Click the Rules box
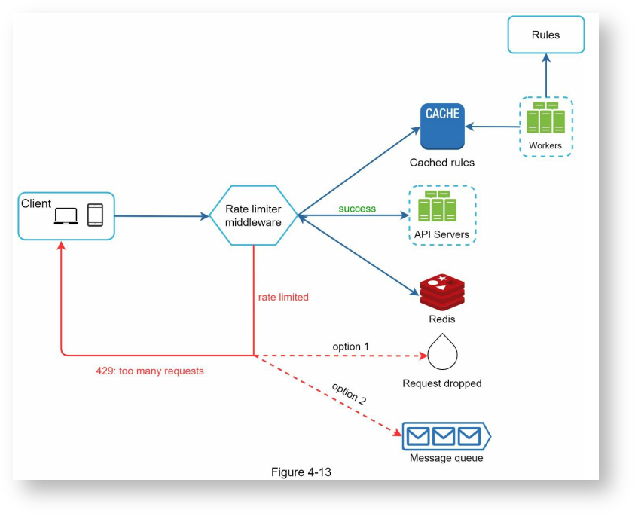point(545,35)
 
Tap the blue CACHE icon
point(442,127)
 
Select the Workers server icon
point(545,119)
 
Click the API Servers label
point(441,234)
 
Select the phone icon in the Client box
point(95,215)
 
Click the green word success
point(358,208)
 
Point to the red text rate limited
point(283,297)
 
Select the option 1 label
point(351,346)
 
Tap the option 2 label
point(349,394)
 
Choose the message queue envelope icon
point(444,435)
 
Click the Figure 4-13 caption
point(301,472)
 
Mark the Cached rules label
point(442,162)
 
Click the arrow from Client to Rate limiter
point(162,216)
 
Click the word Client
point(36,203)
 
